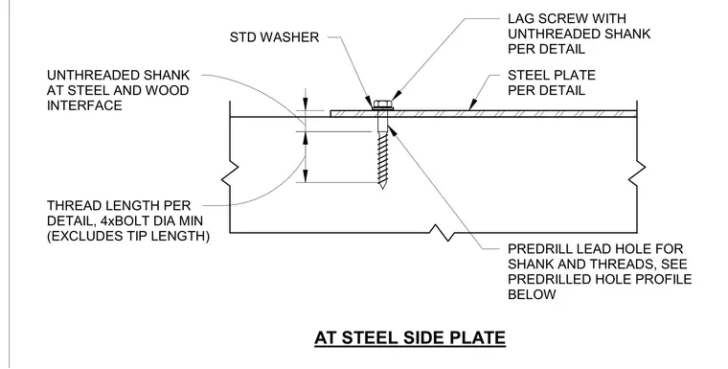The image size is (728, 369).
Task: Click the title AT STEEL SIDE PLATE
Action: (x=410, y=337)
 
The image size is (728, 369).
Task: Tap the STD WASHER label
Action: (x=274, y=37)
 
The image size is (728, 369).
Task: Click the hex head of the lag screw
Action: (x=382, y=104)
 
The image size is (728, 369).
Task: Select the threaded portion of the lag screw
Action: (x=382, y=156)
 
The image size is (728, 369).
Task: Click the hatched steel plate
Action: (x=483, y=113)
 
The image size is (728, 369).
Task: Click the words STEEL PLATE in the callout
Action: (x=552, y=76)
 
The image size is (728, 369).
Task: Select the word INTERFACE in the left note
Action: (x=84, y=105)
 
